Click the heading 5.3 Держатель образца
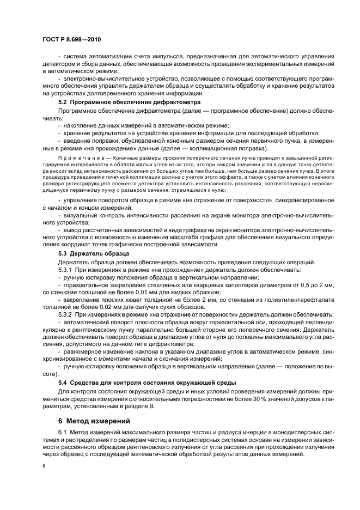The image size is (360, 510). (93, 253)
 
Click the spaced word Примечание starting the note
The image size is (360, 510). (77, 159)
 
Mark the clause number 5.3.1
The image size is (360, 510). (66, 270)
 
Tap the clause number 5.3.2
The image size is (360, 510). (66, 315)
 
